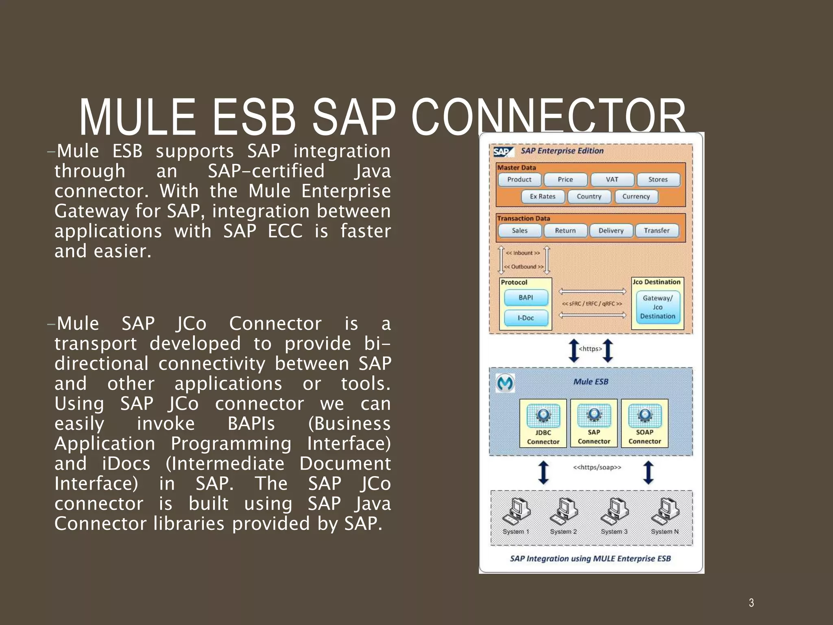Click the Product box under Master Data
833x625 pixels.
519,179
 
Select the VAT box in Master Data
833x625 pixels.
612,179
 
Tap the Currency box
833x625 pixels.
636,197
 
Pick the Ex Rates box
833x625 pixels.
543,197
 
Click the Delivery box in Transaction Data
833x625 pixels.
611,231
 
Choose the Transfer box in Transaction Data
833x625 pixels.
656,231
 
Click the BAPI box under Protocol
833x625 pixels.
526,298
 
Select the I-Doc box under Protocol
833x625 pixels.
526,318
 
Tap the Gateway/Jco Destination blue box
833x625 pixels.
657,307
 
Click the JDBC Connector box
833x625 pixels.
543,424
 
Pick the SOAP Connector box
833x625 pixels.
644,424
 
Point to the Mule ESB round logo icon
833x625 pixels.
505,383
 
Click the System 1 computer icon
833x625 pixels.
516,512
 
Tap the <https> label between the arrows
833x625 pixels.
590,349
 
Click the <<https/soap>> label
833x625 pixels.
597,467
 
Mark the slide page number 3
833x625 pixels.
751,603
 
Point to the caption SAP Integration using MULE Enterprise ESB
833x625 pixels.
590,559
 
